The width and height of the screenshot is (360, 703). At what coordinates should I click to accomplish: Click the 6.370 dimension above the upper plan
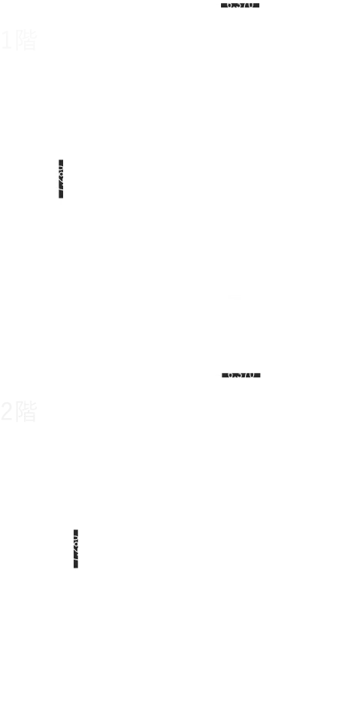click(x=240, y=5)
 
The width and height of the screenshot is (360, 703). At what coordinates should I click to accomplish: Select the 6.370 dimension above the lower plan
click(x=241, y=374)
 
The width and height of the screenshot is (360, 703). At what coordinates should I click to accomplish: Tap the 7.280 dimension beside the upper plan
click(x=60, y=177)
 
